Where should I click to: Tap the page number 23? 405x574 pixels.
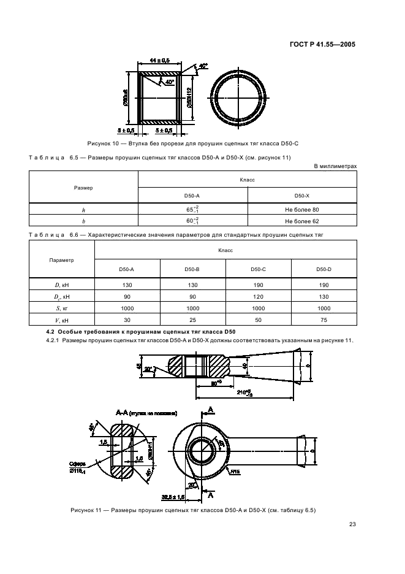coord(352,524)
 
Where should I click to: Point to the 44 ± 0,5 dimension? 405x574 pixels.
coord(159,60)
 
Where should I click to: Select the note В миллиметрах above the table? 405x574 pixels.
coord(335,166)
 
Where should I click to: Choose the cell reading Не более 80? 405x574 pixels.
coord(302,210)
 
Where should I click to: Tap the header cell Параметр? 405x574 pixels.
coord(61,260)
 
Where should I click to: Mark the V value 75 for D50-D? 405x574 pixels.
coord(324,320)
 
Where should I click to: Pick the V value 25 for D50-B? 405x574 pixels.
coord(193,320)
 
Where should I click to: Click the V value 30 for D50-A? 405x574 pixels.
coord(127,320)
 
